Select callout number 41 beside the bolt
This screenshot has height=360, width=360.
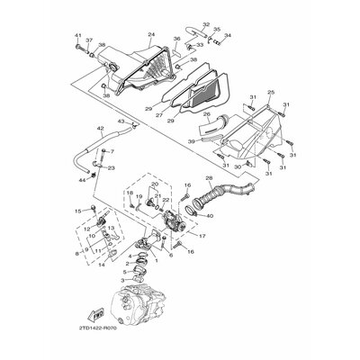77,36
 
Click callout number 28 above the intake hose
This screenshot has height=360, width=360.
209,179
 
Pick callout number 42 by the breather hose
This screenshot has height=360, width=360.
102,130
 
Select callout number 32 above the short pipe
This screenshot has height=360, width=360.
206,25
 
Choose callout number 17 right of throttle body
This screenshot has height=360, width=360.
202,237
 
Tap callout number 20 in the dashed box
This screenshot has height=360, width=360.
156,184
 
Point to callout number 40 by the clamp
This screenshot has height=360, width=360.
211,216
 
